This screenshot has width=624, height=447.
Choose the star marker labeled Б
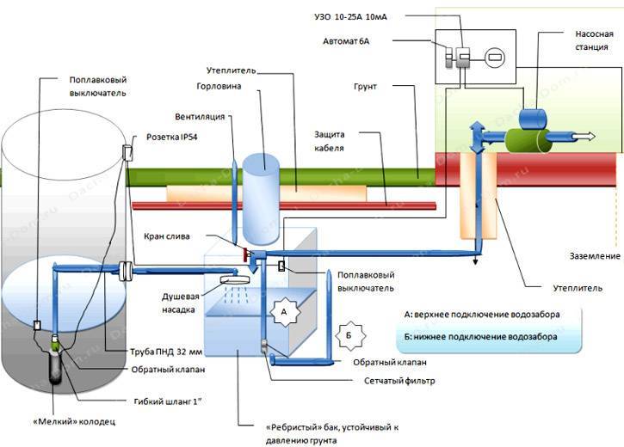(x=350, y=332)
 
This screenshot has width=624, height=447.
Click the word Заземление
(x=593, y=256)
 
